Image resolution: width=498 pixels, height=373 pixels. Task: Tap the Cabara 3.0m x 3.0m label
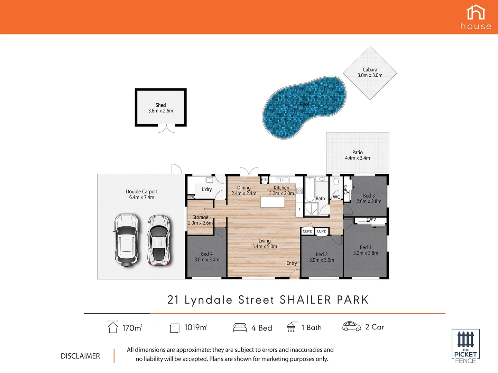click(x=370, y=73)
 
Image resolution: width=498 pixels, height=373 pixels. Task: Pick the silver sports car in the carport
click(x=159, y=240)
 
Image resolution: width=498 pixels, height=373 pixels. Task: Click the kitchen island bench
click(x=273, y=202)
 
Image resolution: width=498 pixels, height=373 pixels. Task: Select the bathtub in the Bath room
click(x=310, y=189)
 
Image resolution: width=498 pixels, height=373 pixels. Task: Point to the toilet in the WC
click(x=336, y=181)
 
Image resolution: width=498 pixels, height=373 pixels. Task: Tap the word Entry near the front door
click(x=292, y=263)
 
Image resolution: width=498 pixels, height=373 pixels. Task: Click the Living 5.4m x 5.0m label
click(x=265, y=243)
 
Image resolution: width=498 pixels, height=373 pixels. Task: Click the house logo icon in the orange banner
click(x=476, y=13)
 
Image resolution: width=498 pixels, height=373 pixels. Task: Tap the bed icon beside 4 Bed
click(x=240, y=327)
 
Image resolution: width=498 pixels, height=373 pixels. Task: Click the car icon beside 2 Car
click(x=351, y=326)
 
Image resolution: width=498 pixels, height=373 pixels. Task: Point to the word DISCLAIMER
click(x=80, y=356)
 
